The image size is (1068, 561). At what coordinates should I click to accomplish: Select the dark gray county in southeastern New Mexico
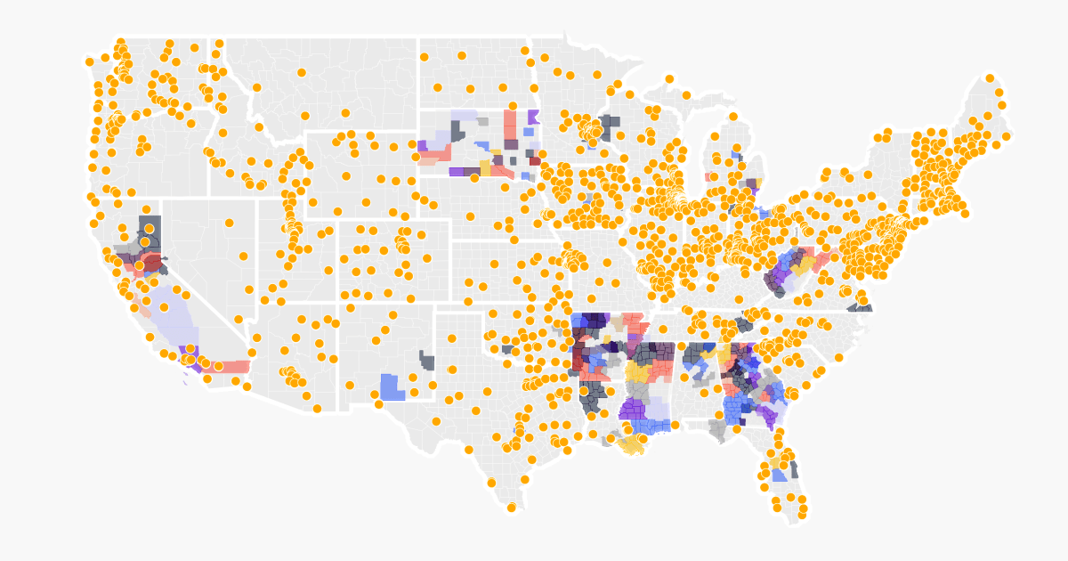(x=427, y=362)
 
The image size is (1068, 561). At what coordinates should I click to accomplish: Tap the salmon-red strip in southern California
(x=233, y=366)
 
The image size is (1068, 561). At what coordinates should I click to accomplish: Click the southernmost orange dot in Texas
(x=511, y=508)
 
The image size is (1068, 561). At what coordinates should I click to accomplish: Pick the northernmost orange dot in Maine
(x=990, y=78)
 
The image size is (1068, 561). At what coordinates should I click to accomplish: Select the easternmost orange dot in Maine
(x=1007, y=136)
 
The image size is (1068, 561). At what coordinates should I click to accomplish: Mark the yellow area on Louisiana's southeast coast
(x=633, y=444)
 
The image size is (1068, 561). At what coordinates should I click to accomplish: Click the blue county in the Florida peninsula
(x=779, y=474)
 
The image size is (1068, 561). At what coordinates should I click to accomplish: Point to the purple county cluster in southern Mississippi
(x=633, y=409)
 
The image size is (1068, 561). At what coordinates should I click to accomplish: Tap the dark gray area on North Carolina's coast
(x=860, y=307)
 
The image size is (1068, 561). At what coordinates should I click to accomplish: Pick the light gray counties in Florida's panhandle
(x=717, y=430)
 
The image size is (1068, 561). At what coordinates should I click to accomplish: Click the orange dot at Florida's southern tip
(x=802, y=514)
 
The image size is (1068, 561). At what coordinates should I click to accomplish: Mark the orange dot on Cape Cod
(x=965, y=213)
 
